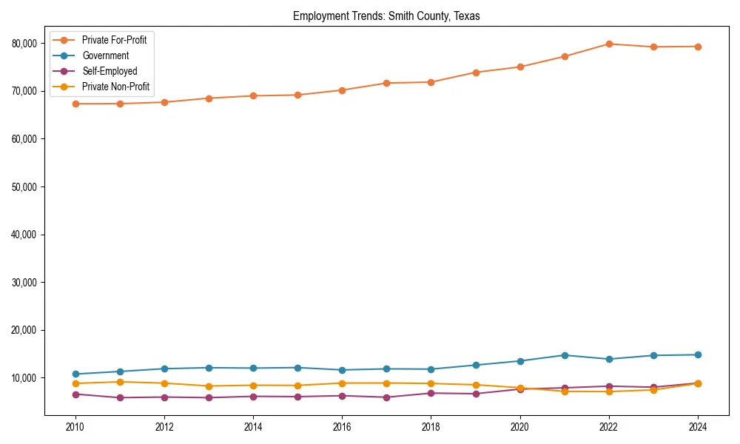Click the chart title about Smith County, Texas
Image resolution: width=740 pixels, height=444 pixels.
tap(386, 16)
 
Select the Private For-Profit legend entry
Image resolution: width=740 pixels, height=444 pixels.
tap(114, 40)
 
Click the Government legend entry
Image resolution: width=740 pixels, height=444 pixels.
tap(105, 55)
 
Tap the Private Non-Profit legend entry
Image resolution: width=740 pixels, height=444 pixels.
tap(115, 87)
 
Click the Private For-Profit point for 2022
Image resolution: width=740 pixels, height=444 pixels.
tap(609, 44)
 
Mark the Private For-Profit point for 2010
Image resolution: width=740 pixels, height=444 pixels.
tap(75, 104)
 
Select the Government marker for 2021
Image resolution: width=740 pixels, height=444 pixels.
tap(565, 355)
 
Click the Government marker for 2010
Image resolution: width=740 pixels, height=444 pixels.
tap(75, 374)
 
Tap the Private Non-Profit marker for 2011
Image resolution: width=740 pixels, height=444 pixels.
tap(119, 382)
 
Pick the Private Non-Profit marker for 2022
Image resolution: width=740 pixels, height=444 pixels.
tap(609, 391)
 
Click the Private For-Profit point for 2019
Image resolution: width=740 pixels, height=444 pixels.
tap(476, 73)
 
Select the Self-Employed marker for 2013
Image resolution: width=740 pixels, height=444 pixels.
tap(209, 398)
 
